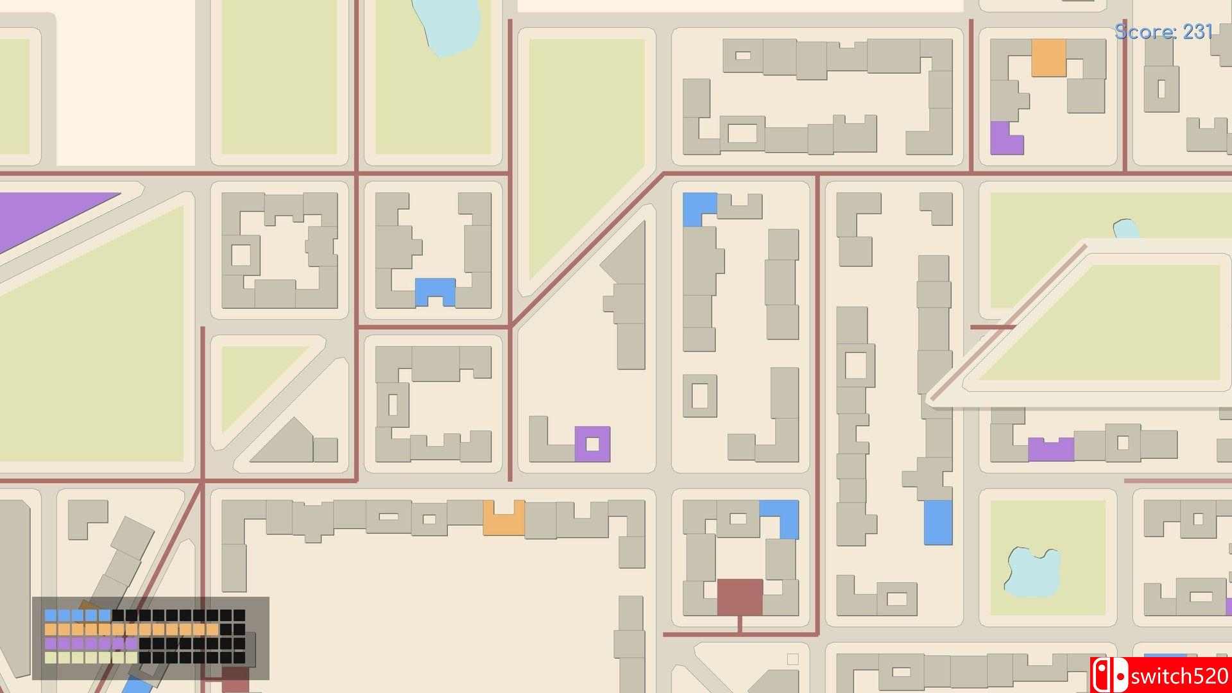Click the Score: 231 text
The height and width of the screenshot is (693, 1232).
point(1163,31)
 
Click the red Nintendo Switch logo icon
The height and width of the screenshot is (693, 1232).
point(1110,676)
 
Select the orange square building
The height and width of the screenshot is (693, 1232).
point(1048,58)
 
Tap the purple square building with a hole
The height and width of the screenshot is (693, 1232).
point(592,443)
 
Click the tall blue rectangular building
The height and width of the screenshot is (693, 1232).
point(938,522)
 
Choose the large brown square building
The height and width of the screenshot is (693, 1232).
point(740,597)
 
